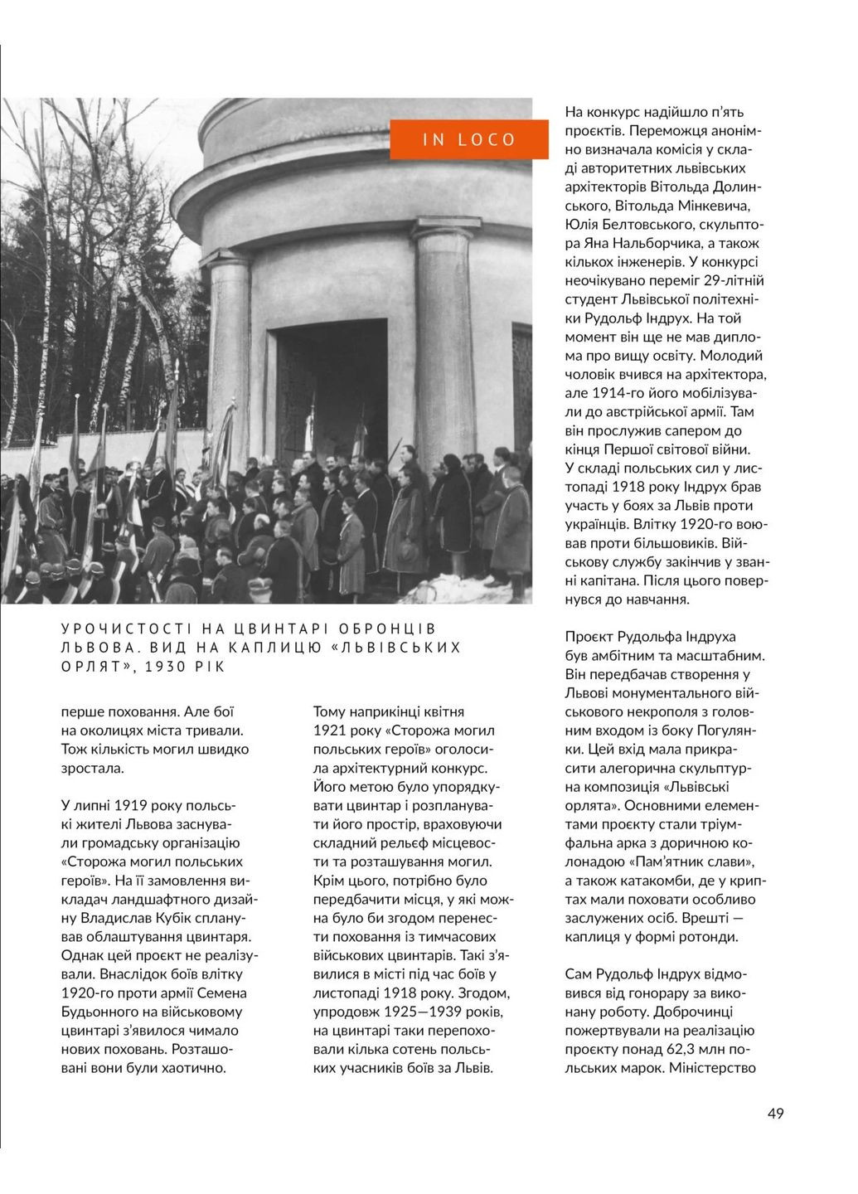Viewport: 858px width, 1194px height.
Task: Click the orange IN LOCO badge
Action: point(469,138)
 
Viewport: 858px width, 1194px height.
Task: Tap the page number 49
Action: point(775,1113)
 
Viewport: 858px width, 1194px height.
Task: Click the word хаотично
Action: point(196,1068)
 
